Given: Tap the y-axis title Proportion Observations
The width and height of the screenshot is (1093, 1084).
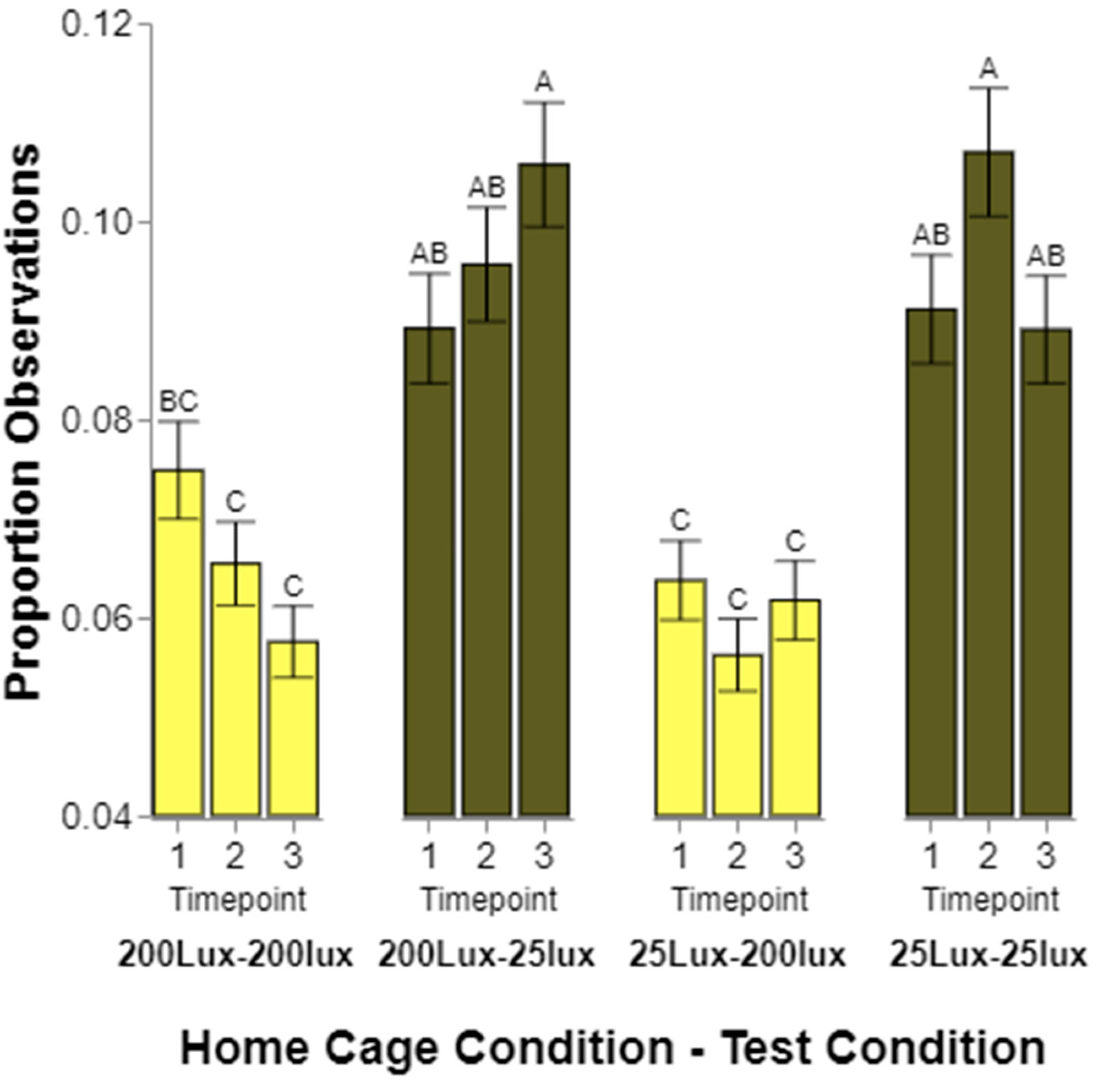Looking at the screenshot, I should (23, 422).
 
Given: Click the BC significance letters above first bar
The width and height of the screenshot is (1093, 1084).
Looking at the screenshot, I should (179, 402).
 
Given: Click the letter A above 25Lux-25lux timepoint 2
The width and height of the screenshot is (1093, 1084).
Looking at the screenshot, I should (988, 68).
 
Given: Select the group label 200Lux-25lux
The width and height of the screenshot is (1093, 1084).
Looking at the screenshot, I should (486, 955).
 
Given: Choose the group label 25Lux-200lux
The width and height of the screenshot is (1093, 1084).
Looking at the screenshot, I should (738, 955).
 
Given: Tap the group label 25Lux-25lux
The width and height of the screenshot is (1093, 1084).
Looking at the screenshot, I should (988, 955).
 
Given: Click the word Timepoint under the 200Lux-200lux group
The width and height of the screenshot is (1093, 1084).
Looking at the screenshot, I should (238, 900).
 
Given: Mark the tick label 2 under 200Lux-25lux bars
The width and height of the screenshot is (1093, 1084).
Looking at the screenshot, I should (486, 856).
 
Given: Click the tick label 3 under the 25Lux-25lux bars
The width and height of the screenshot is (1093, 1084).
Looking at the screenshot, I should (1046, 856).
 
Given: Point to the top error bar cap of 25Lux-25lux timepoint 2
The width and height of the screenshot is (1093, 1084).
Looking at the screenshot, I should (988, 88).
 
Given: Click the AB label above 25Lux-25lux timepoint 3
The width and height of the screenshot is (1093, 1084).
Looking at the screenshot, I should (1046, 256).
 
